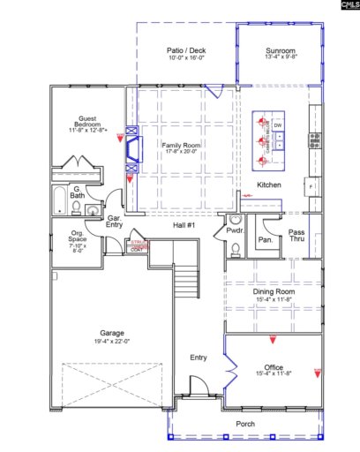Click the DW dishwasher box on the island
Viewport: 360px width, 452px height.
point(278,126)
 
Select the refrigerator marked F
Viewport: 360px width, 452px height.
point(312,187)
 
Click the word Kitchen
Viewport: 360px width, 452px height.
point(268,185)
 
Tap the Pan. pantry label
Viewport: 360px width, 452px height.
point(265,238)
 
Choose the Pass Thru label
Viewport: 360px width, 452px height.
point(297,236)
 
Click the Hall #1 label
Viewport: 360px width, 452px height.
point(184,225)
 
